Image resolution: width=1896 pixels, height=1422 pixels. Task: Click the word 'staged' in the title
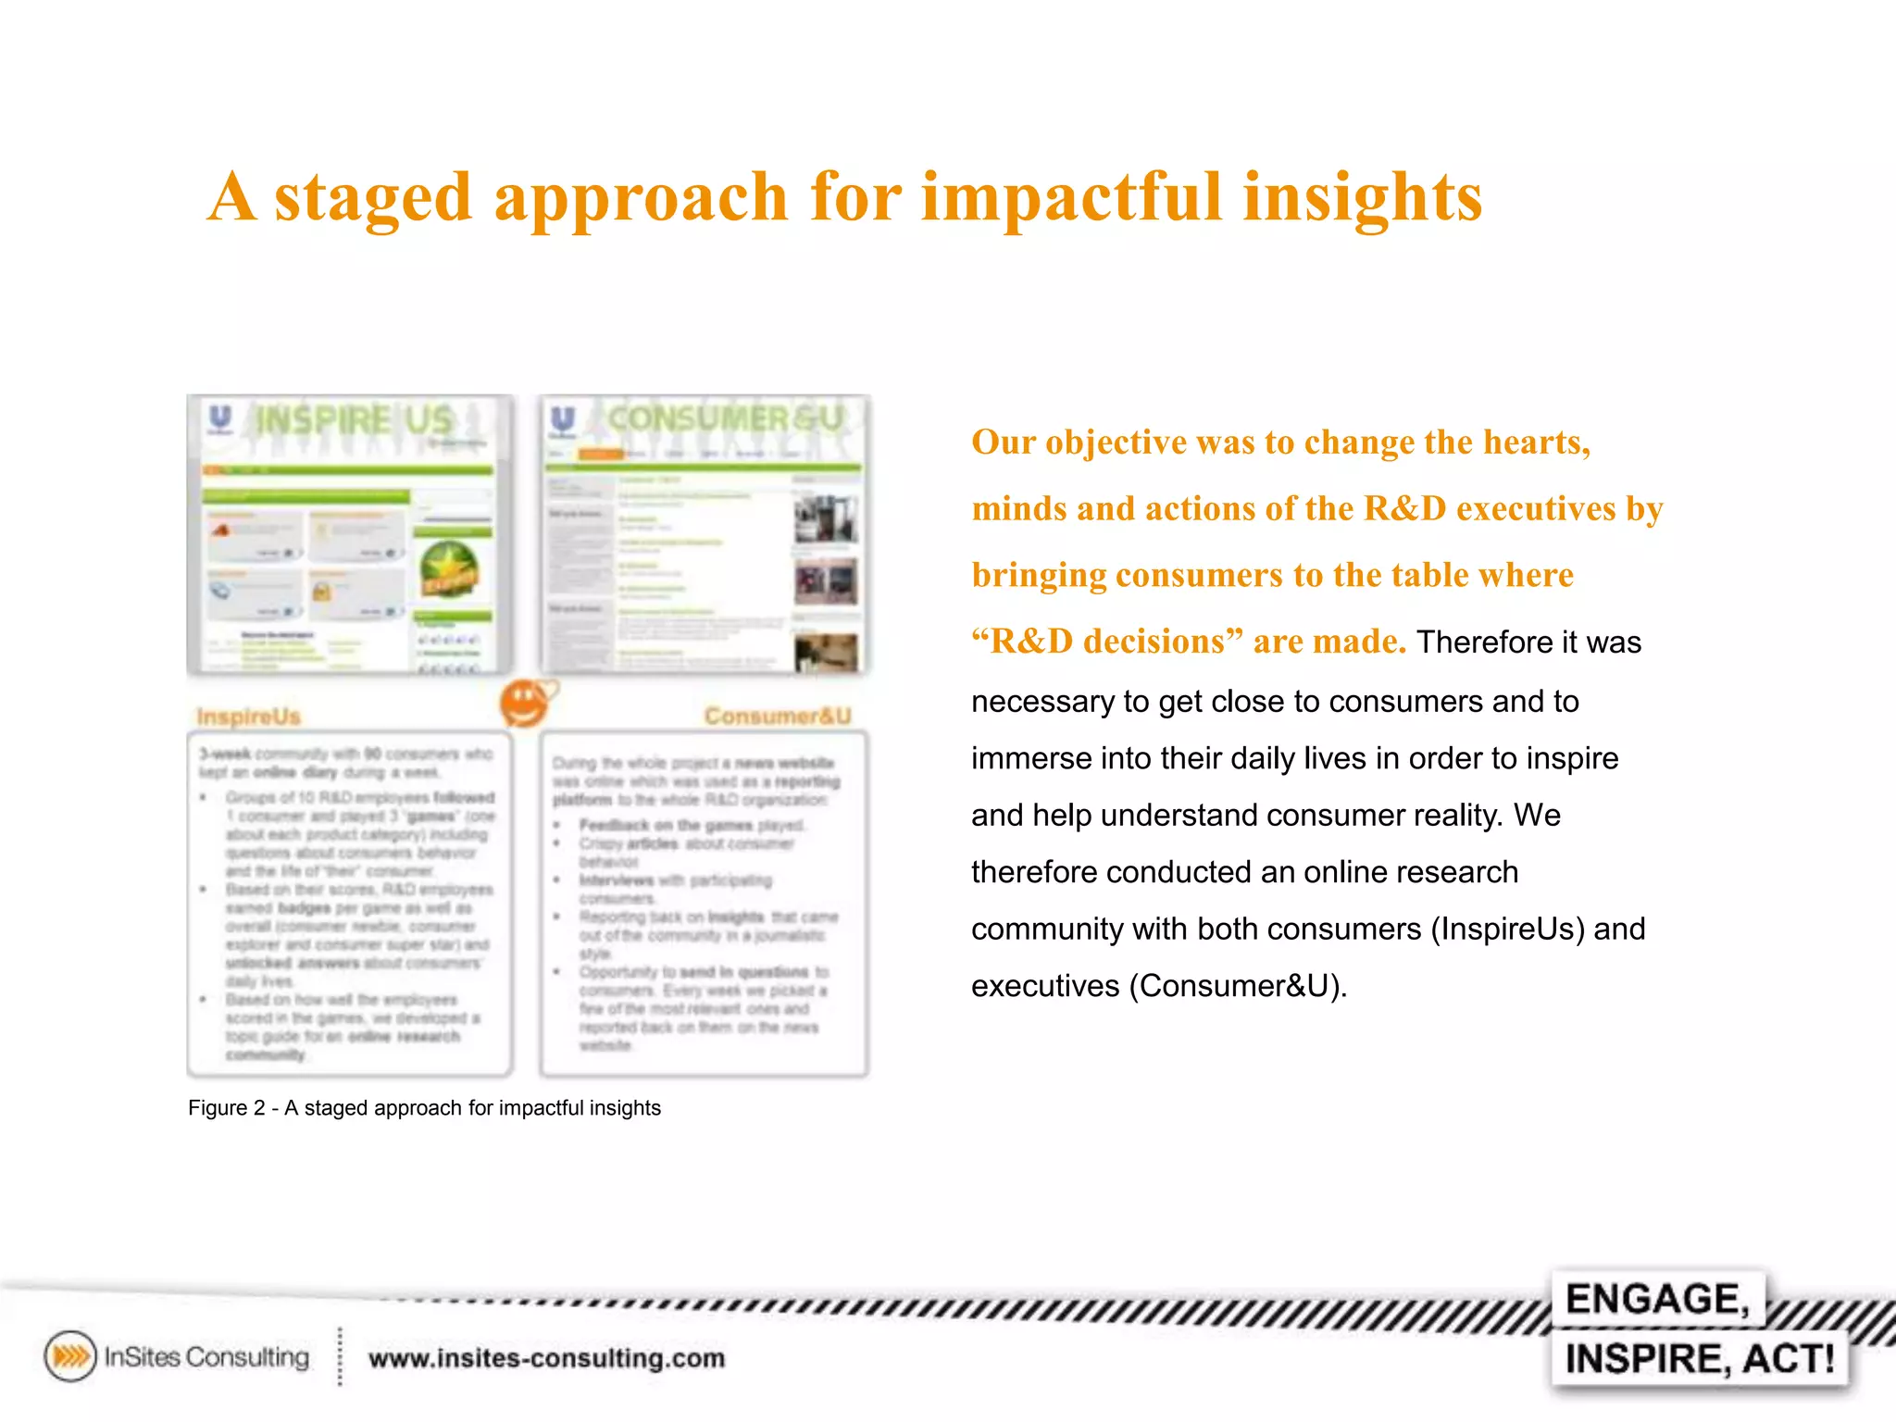tap(373, 197)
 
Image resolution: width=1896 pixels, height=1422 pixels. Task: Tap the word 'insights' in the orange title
tap(1362, 197)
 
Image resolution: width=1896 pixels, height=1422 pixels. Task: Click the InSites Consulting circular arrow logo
tap(70, 1356)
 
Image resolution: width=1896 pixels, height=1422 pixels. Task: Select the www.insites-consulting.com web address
tap(546, 1358)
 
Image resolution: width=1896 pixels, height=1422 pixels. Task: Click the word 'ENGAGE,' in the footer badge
tap(1657, 1299)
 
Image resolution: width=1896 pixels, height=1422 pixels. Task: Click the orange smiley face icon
tap(525, 704)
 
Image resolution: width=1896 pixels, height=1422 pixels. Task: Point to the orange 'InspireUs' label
tap(248, 717)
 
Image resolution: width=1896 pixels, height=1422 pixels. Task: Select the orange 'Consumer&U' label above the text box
tap(778, 716)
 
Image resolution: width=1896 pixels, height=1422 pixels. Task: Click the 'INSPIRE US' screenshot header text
tap(354, 420)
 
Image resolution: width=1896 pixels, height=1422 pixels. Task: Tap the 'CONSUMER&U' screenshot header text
tap(725, 418)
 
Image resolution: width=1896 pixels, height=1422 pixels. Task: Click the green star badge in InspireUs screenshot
tap(449, 569)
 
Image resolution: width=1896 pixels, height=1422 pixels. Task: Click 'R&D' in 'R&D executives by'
tap(1404, 508)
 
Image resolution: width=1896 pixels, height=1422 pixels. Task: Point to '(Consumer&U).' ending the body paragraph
tap(1237, 986)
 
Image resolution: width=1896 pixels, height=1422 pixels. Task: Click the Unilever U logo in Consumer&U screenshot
tap(563, 421)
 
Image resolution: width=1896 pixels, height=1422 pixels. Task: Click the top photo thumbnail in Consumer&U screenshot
tap(825, 519)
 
